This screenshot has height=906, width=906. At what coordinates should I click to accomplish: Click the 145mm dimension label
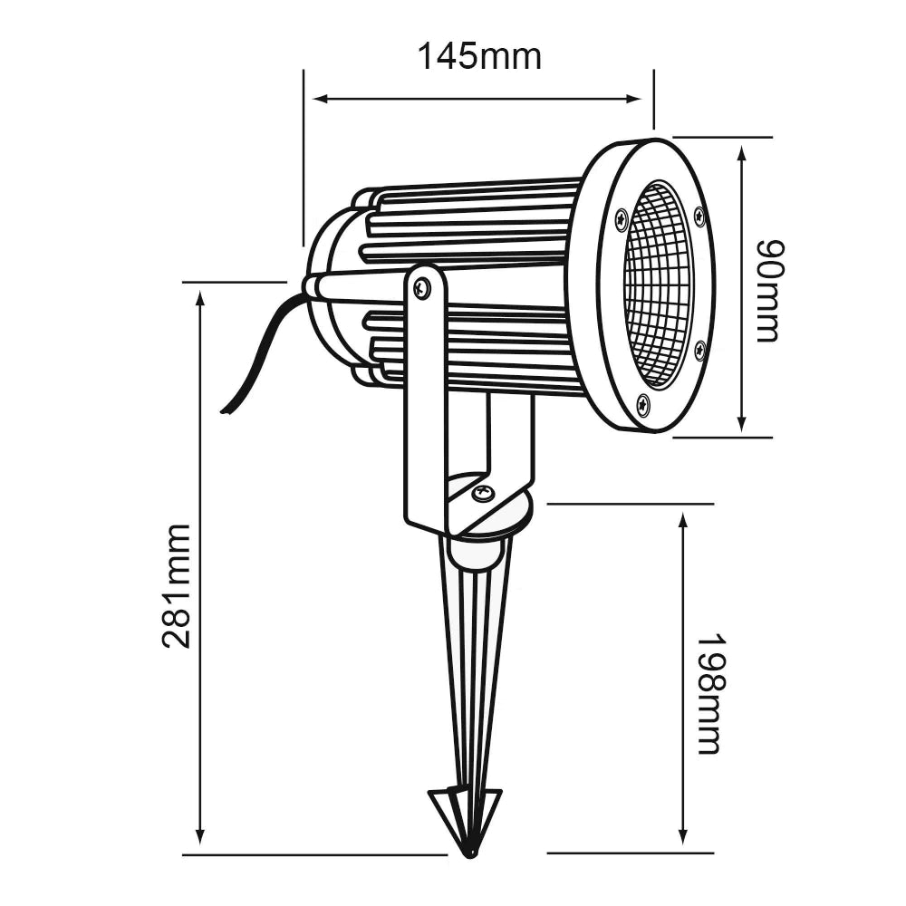(478, 56)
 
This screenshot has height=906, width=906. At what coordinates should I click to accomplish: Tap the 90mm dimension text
(768, 291)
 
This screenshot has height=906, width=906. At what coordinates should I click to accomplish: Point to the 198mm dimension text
(709, 693)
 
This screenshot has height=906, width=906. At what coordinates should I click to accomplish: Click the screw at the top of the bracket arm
(422, 289)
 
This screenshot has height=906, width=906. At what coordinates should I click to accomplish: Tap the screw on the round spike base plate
(483, 493)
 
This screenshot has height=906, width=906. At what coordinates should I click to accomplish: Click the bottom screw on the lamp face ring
(643, 404)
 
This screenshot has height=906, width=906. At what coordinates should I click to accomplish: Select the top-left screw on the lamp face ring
(622, 217)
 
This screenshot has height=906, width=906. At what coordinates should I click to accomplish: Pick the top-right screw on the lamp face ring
(699, 216)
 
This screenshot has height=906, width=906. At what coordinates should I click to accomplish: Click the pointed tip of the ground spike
(469, 852)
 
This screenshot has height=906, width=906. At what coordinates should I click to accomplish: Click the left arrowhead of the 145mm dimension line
(318, 99)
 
